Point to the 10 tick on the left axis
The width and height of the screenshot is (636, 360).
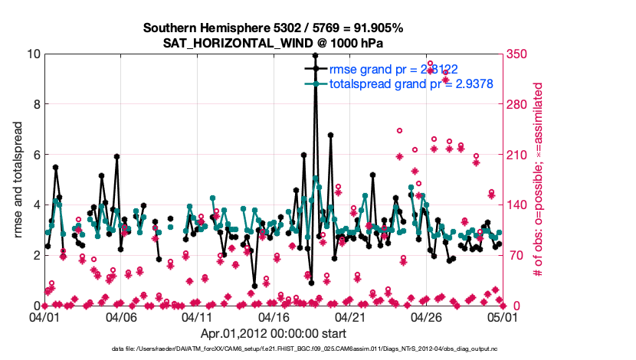coord(33,54)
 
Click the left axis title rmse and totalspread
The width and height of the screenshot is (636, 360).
coord(18,180)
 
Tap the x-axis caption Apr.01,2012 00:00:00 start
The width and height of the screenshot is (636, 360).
coord(274,333)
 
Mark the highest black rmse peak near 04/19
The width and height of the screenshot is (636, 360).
coord(315,55)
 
